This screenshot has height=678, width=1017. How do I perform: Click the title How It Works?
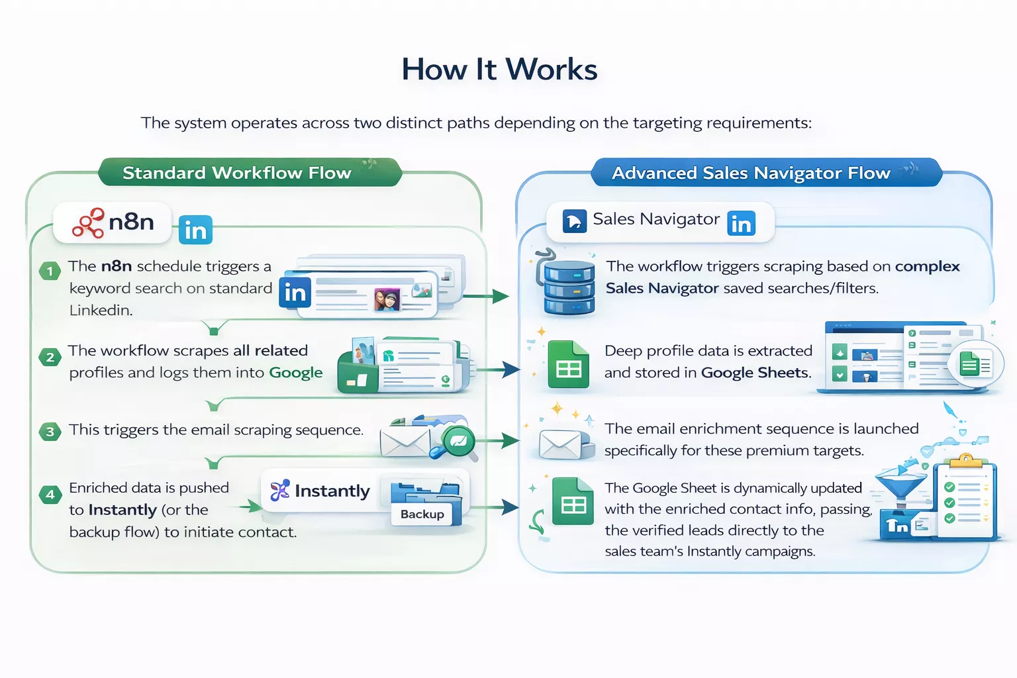pyautogui.click(x=499, y=70)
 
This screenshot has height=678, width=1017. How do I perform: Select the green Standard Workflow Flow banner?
pyautogui.click(x=236, y=173)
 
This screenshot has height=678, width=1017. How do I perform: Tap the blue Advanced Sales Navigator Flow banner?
pyautogui.click(x=751, y=173)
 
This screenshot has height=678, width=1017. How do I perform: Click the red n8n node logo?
pyautogui.click(x=88, y=223)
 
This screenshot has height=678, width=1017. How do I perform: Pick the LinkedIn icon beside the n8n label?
pyautogui.click(x=195, y=230)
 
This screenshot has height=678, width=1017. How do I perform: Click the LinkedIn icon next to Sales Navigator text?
pyautogui.click(x=741, y=224)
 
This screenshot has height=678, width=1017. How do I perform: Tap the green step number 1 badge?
pyautogui.click(x=50, y=271)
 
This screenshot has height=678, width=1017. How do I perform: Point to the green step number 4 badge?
pyautogui.click(x=50, y=495)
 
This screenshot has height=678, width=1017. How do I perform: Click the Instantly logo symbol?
pyautogui.click(x=279, y=491)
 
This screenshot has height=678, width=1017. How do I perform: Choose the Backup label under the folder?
pyautogui.click(x=422, y=514)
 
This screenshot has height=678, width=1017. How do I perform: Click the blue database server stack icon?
pyautogui.click(x=568, y=285)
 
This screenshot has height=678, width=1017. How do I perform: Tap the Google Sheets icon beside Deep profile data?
pyautogui.click(x=568, y=365)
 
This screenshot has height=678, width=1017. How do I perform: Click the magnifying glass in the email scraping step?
pyautogui.click(x=457, y=442)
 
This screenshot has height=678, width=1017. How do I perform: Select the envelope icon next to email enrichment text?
pyautogui.click(x=560, y=444)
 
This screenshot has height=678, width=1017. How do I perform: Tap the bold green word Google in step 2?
pyautogui.click(x=295, y=373)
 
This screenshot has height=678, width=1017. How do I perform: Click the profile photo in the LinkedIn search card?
pyautogui.click(x=387, y=299)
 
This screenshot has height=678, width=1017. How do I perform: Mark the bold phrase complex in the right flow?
pyautogui.click(x=927, y=266)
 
